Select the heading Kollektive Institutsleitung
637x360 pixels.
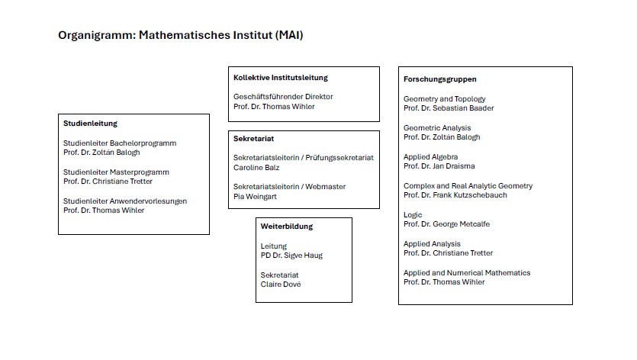pyautogui.click(x=280, y=78)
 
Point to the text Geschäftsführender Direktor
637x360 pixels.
pyautogui.click(x=283, y=97)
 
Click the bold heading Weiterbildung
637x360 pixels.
pyautogui.click(x=287, y=227)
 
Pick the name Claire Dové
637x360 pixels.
pyautogui.click(x=281, y=284)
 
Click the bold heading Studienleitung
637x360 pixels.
pyautogui.click(x=90, y=124)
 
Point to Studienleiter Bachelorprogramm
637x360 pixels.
pyautogui.click(x=120, y=143)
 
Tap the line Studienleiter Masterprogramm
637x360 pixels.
pyautogui.click(x=116, y=172)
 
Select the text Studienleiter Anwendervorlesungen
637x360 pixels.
pyautogui.click(x=125, y=201)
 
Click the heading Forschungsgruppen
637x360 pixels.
pyautogui.click(x=440, y=79)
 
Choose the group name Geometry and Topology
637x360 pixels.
pyautogui.click(x=444, y=99)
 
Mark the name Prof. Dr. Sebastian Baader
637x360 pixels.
pyautogui.click(x=449, y=108)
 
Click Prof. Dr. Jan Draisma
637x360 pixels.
pyautogui.click(x=439, y=166)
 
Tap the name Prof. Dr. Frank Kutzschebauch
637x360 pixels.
pyautogui.click(x=455, y=195)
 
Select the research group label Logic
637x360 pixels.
pyautogui.click(x=413, y=215)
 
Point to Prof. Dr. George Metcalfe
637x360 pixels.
pyautogui.click(x=447, y=224)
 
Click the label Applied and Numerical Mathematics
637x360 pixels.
pyautogui.click(x=467, y=273)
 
